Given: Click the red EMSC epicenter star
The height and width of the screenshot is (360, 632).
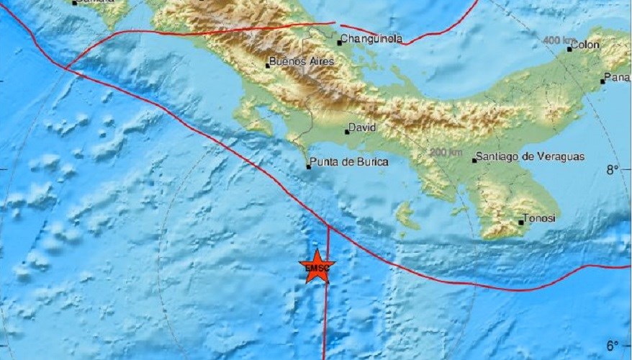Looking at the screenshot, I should pos(315,266).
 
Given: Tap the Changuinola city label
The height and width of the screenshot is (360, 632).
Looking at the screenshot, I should pos(371,40).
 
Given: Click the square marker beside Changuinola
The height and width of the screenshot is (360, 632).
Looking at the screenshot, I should pos(339,42).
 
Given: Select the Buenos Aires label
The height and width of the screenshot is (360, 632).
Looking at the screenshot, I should pos(302,62).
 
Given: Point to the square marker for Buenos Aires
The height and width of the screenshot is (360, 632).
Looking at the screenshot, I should pos(268,66).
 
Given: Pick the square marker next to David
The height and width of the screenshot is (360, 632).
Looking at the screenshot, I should pos(346,132).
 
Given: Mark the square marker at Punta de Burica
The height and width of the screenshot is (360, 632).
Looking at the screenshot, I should pos(308,167).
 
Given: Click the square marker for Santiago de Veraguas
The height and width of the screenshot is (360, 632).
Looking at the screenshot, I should pos(474,160).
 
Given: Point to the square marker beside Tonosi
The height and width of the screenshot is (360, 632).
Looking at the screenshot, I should pos(521,222).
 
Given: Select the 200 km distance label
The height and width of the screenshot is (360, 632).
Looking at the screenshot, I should pos(446,152).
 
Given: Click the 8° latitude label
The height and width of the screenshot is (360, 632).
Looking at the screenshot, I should pos(613,170).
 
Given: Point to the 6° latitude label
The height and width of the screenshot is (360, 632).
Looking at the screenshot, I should pos(613,346).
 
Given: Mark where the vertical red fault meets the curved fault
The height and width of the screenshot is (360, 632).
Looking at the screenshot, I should pos(328,226).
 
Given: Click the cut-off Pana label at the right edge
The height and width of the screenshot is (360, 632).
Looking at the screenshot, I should pos(618,78).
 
